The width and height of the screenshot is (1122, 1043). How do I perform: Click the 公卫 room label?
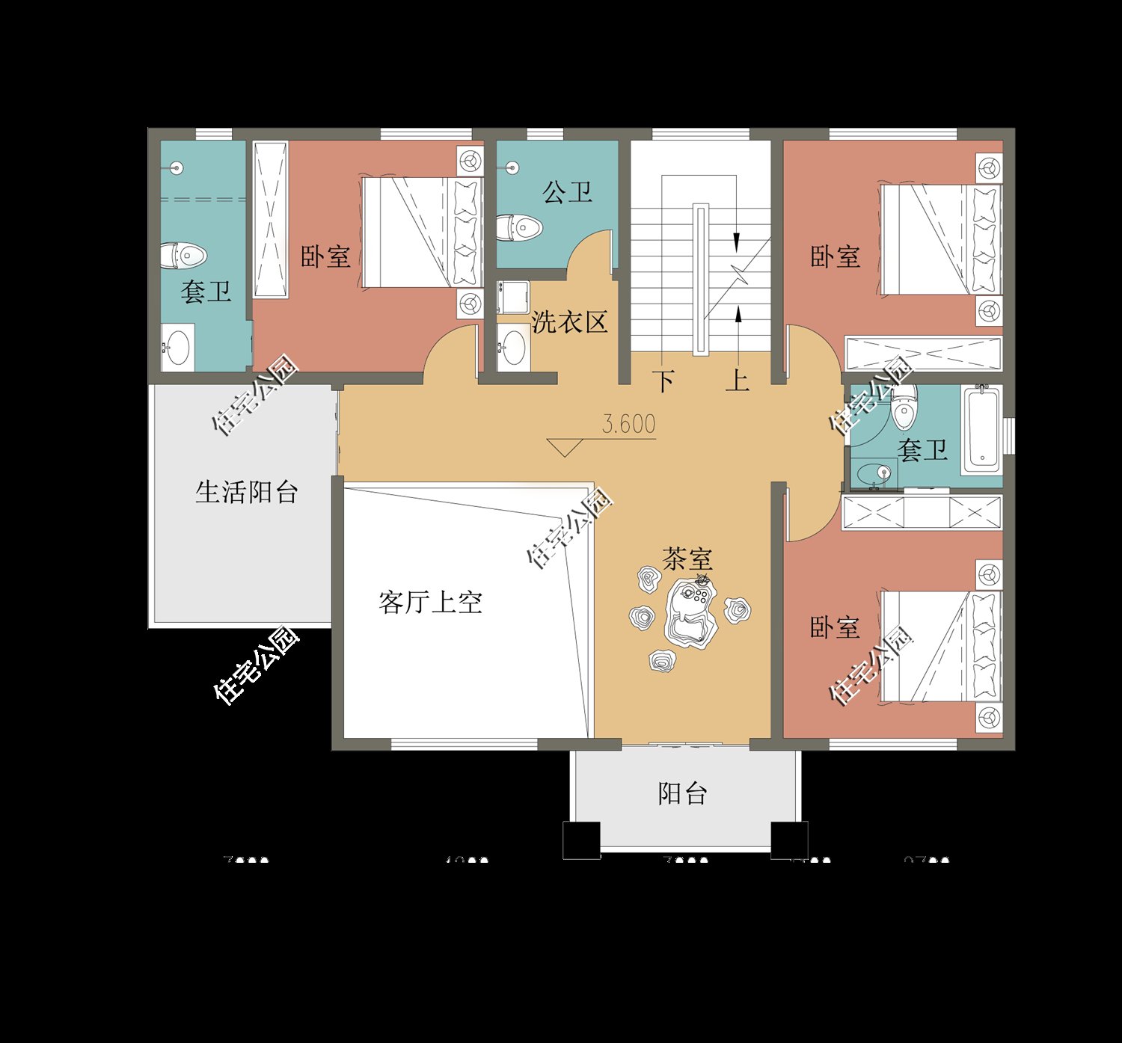pyautogui.click(x=567, y=193)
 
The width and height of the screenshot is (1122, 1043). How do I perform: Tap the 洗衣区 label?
pyautogui.click(x=569, y=322)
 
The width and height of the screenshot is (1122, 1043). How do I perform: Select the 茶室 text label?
pyautogui.click(x=687, y=558)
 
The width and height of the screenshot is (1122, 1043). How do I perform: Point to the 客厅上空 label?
pyautogui.click(x=430, y=602)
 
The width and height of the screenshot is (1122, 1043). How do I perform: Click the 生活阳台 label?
pyautogui.click(x=247, y=492)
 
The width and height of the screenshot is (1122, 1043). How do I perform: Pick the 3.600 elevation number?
pyautogui.click(x=629, y=424)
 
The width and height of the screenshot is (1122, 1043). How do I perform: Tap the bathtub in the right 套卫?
pyautogui.click(x=981, y=428)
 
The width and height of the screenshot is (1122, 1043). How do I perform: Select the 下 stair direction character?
pyautogui.click(x=664, y=381)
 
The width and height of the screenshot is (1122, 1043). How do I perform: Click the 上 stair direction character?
pyautogui.click(x=738, y=380)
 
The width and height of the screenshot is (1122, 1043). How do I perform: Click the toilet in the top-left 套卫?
pyautogui.click(x=183, y=256)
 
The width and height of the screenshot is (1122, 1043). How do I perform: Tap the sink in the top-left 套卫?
pyautogui.click(x=178, y=347)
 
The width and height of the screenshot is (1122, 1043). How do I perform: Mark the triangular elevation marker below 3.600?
pyautogui.click(x=565, y=447)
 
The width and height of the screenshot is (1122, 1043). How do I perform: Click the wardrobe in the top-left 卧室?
pyautogui.click(x=270, y=219)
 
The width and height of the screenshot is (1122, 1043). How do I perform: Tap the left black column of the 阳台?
pyautogui.click(x=581, y=840)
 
